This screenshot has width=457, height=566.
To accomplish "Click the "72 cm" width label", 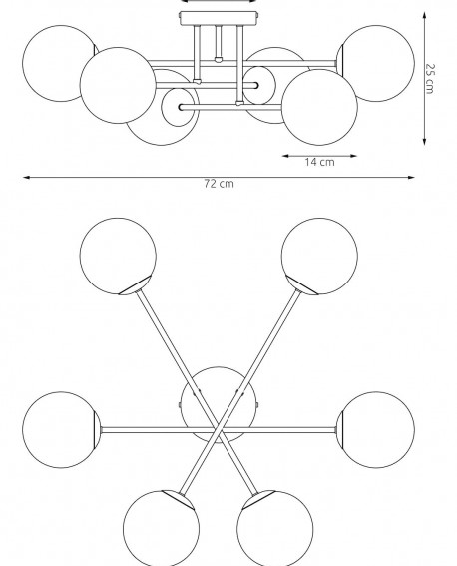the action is [x=219, y=184].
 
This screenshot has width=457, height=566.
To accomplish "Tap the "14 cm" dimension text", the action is [x=319, y=162].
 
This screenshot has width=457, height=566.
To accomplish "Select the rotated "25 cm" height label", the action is [x=429, y=79].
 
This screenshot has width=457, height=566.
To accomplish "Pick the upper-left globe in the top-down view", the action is [x=118, y=256].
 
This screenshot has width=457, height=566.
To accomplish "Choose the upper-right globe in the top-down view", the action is [x=319, y=256].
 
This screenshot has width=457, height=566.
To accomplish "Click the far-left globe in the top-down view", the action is [x=61, y=430].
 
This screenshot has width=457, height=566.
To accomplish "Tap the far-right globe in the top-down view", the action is [x=376, y=430].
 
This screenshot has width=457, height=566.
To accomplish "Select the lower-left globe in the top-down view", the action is [x=161, y=528].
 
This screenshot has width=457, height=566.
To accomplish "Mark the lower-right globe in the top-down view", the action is [x=274, y=528].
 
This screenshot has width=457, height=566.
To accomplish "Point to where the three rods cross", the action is [x=218, y=430].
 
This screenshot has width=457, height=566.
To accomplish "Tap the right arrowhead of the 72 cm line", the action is [x=411, y=178].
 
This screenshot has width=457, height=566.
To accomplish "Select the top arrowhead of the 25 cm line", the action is [x=424, y=16].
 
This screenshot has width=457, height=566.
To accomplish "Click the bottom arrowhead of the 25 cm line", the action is [x=424, y=141].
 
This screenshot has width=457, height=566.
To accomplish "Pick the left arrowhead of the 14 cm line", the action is [x=286, y=156].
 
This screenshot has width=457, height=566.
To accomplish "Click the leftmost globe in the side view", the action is [x=60, y=63].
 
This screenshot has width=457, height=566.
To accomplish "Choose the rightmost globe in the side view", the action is [x=376, y=63].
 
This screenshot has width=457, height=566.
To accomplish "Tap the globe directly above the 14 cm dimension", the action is [x=319, y=107].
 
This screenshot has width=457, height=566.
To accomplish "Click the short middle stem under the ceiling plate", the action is [x=218, y=43].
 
